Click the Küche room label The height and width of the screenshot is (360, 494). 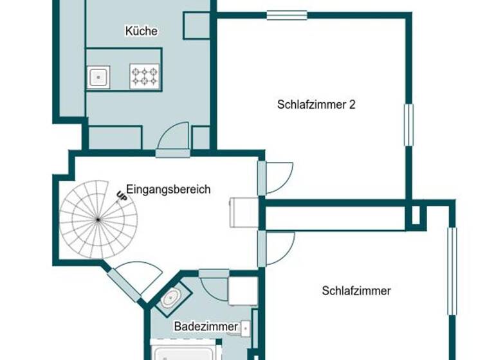142,31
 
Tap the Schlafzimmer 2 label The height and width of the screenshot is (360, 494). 316,104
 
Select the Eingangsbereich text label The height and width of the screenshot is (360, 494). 168,190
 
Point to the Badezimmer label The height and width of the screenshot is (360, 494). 206,327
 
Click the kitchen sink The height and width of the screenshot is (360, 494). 98,77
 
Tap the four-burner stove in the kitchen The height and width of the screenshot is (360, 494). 144,76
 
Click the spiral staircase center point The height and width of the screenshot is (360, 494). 98,220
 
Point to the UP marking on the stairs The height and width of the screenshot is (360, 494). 122,197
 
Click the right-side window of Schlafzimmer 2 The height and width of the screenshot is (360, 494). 408,125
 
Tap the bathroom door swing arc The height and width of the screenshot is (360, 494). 215,283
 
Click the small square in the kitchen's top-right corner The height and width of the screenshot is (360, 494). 196,25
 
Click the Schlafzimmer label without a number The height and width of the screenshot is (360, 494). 356,291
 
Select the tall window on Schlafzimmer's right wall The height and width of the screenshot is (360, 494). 452,270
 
